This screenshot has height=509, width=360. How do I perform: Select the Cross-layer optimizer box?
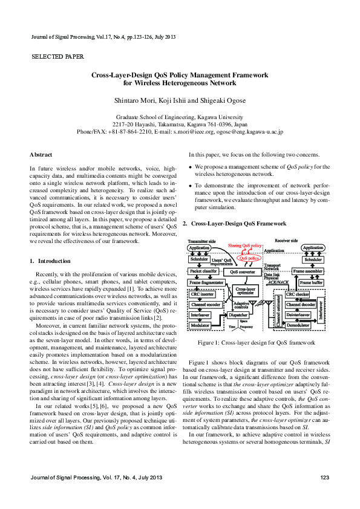point(245,291)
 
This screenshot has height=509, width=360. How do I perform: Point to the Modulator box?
point(200,325)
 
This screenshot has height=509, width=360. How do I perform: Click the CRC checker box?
point(298,294)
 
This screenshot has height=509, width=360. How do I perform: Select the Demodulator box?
point(298,325)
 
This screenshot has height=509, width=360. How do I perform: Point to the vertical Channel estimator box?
point(279,310)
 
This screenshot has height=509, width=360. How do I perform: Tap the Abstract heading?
point(41,155)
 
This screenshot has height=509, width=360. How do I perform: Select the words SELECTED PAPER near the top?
point(57,57)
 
